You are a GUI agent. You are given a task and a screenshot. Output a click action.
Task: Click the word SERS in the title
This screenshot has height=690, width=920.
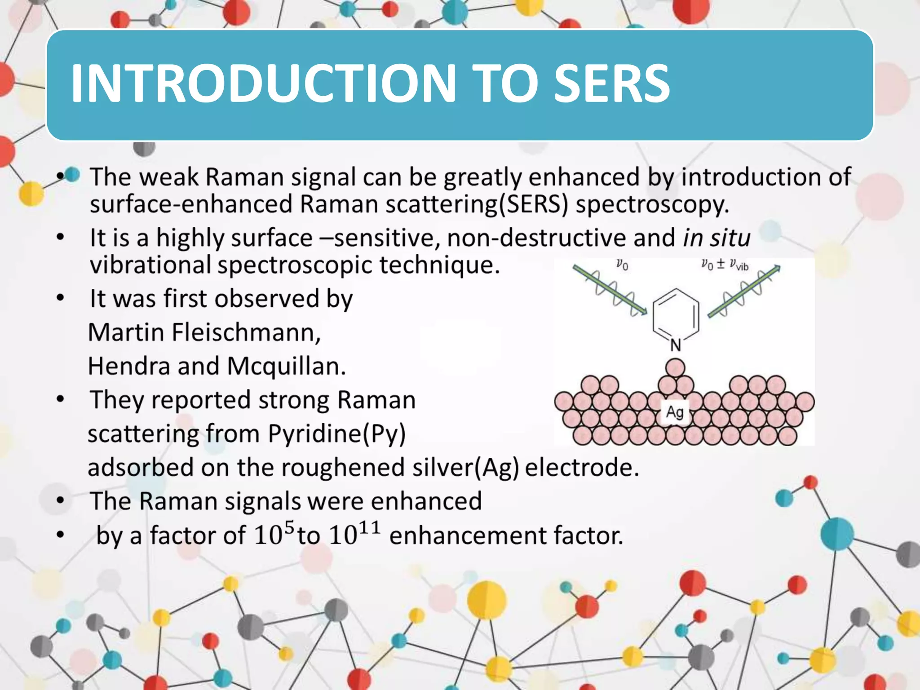click(612, 84)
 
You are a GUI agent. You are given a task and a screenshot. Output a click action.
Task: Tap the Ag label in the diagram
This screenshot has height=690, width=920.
click(675, 411)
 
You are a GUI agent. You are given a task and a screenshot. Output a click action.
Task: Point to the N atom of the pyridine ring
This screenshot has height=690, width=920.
click(676, 345)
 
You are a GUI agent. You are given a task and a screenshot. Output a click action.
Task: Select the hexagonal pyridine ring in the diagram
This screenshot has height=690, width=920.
click(676, 314)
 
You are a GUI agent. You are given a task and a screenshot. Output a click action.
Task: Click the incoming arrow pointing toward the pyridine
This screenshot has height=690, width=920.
click(610, 290)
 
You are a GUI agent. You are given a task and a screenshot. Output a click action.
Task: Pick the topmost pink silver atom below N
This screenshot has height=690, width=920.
click(675, 368)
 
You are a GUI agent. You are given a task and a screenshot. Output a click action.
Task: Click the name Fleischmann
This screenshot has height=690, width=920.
click(246, 333)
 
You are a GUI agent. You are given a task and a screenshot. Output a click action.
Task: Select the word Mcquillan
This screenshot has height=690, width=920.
click(286, 367)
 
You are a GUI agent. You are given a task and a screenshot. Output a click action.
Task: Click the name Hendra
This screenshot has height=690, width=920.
click(128, 367)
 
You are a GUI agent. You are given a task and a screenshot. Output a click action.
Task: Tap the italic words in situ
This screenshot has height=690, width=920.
click(717, 238)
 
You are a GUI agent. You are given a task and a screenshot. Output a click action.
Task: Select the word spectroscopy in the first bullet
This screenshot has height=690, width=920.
click(652, 204)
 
